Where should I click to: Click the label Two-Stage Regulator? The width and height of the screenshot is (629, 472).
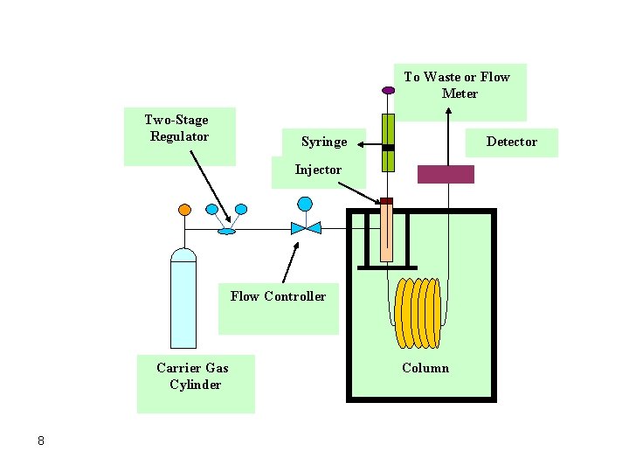tap(178, 128)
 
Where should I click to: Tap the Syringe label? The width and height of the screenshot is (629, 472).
tap(323, 142)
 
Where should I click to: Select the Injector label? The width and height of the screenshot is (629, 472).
tap(318, 170)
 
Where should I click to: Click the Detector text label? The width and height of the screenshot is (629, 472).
tap(511, 142)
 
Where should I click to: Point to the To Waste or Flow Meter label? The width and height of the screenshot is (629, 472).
tap(457, 85)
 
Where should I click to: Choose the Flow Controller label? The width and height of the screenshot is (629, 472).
tap(278, 296)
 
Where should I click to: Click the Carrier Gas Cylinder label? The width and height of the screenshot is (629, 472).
tap(193, 376)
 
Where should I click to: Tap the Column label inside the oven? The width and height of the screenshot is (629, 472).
tap(425, 368)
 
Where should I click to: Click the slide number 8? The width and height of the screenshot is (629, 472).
tap(40, 440)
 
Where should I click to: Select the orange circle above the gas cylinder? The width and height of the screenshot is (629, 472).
tap(184, 210)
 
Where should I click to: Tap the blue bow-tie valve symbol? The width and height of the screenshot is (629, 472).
tap(305, 228)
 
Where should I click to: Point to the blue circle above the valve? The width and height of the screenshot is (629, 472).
tap(305, 204)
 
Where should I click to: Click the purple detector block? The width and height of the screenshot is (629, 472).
tap(446, 174)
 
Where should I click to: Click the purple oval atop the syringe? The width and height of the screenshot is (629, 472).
tap(388, 89)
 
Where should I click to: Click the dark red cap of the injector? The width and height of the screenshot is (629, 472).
tap(387, 201)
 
